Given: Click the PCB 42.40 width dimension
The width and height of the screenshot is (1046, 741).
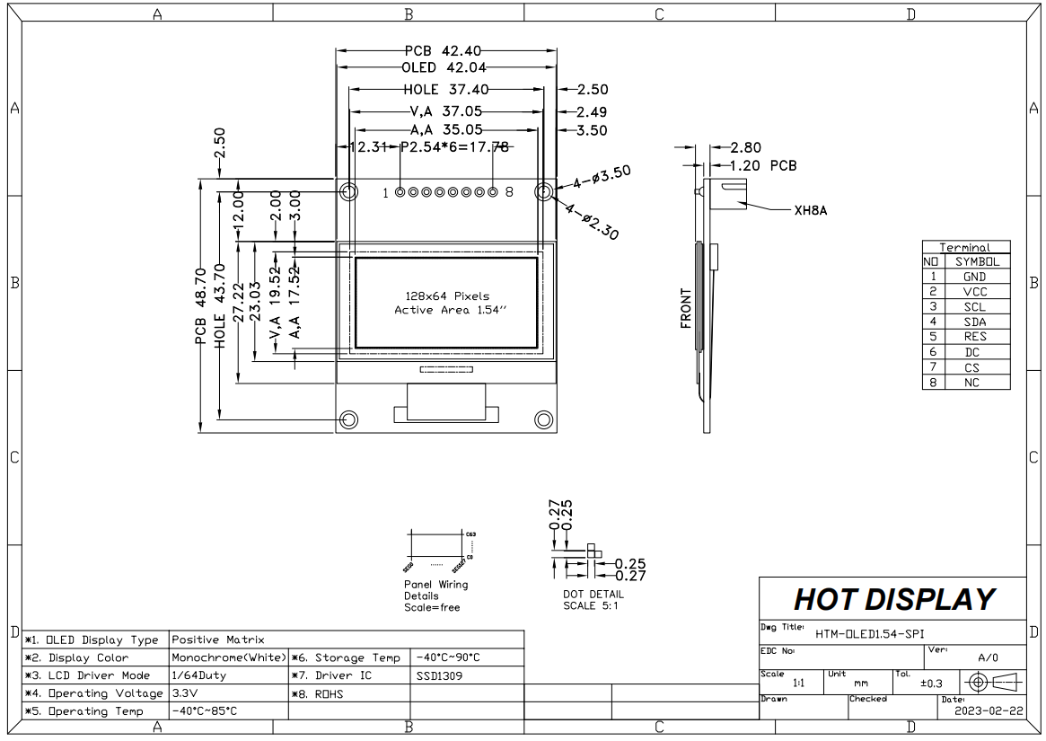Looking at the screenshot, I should (x=446, y=50).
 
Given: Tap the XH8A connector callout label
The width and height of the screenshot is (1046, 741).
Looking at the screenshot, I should (x=810, y=212).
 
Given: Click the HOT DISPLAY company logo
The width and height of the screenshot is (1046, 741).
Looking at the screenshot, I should (x=893, y=599).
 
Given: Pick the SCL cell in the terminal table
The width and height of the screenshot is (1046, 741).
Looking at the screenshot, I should (x=974, y=307).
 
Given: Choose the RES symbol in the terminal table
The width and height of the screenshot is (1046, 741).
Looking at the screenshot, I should (x=974, y=337).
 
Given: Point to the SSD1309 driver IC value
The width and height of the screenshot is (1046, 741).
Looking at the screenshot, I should (x=439, y=675).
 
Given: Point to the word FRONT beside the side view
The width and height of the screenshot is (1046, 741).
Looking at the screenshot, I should (x=687, y=307).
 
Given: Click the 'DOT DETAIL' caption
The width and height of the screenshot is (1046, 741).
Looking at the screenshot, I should (x=593, y=594).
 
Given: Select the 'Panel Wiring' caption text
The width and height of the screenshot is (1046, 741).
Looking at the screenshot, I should (x=435, y=585).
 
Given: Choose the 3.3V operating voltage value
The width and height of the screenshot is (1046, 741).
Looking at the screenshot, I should (x=184, y=693).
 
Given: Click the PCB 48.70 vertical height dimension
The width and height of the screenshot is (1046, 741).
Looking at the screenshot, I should (x=200, y=305).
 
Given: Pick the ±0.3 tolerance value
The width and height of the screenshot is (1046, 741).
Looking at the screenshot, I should (x=931, y=684).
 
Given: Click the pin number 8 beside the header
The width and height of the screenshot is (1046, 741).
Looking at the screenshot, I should (x=509, y=192).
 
